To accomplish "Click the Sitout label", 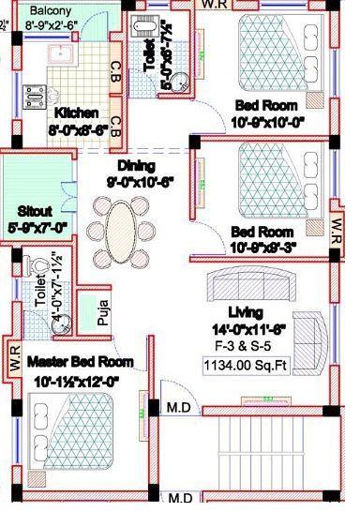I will (x=36, y=211).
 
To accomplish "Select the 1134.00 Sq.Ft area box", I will (x=248, y=367).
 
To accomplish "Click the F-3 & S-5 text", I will (x=248, y=344).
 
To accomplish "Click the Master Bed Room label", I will (x=79, y=361).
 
